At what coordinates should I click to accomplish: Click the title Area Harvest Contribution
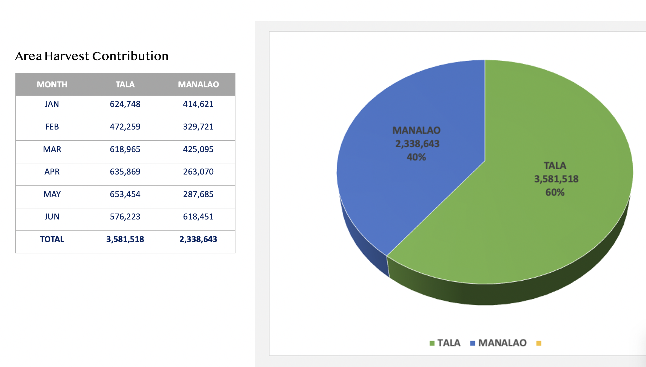pyautogui.click(x=92, y=56)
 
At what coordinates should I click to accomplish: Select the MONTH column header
pyautogui.click(x=52, y=85)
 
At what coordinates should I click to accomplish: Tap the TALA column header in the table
pyautogui.click(x=125, y=85)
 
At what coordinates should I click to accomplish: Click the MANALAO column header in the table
pyautogui.click(x=198, y=85)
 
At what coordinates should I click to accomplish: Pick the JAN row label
pyautogui.click(x=52, y=104)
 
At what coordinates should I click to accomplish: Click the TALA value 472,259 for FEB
pyautogui.click(x=125, y=127)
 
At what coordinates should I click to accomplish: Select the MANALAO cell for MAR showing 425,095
pyautogui.click(x=198, y=149)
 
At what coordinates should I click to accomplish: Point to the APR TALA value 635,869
pyautogui.click(x=125, y=172)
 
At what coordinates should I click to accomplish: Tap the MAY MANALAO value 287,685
pyautogui.click(x=198, y=194)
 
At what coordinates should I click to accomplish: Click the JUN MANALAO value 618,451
pyautogui.click(x=198, y=217)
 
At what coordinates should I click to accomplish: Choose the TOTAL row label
pyautogui.click(x=52, y=239)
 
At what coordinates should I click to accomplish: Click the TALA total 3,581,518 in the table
pyautogui.click(x=125, y=239)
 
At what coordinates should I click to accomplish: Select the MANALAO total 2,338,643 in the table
pyautogui.click(x=198, y=239)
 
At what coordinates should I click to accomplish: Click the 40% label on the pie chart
pyautogui.click(x=416, y=157)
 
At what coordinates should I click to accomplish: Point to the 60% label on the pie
pyautogui.click(x=555, y=192)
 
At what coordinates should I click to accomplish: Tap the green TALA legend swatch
pyautogui.click(x=432, y=343)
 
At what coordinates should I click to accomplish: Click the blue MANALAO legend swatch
pyautogui.click(x=472, y=343)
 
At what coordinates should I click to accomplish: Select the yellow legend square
pyautogui.click(x=539, y=343)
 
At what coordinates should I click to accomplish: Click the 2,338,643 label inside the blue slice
pyautogui.click(x=417, y=144)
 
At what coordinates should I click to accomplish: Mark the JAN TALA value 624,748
pyautogui.click(x=125, y=104)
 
